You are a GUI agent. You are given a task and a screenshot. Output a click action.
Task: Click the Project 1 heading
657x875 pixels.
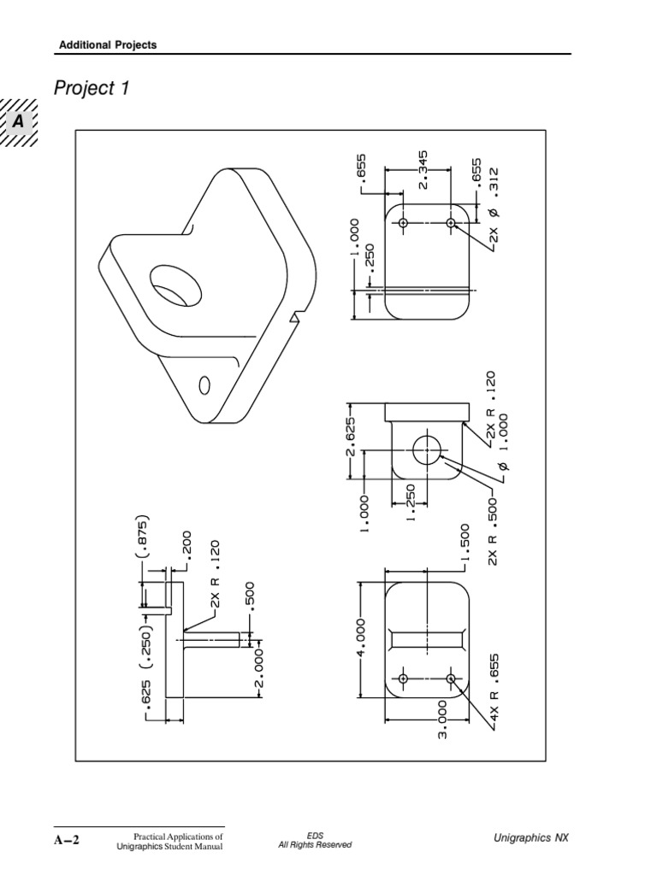pyautogui.click(x=92, y=88)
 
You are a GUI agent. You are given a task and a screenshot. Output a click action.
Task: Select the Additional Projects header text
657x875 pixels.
pyautogui.click(x=107, y=44)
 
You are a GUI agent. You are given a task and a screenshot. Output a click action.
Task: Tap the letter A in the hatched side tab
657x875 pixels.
pyautogui.click(x=18, y=122)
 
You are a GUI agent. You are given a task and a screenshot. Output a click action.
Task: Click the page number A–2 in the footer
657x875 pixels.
pyautogui.click(x=65, y=839)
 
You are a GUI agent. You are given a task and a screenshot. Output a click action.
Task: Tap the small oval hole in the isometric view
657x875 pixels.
pyautogui.click(x=204, y=385)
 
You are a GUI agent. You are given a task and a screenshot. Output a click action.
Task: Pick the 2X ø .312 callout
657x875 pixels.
pyautogui.click(x=493, y=208)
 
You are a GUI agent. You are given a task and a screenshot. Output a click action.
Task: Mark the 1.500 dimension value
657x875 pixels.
pyautogui.click(x=465, y=545)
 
